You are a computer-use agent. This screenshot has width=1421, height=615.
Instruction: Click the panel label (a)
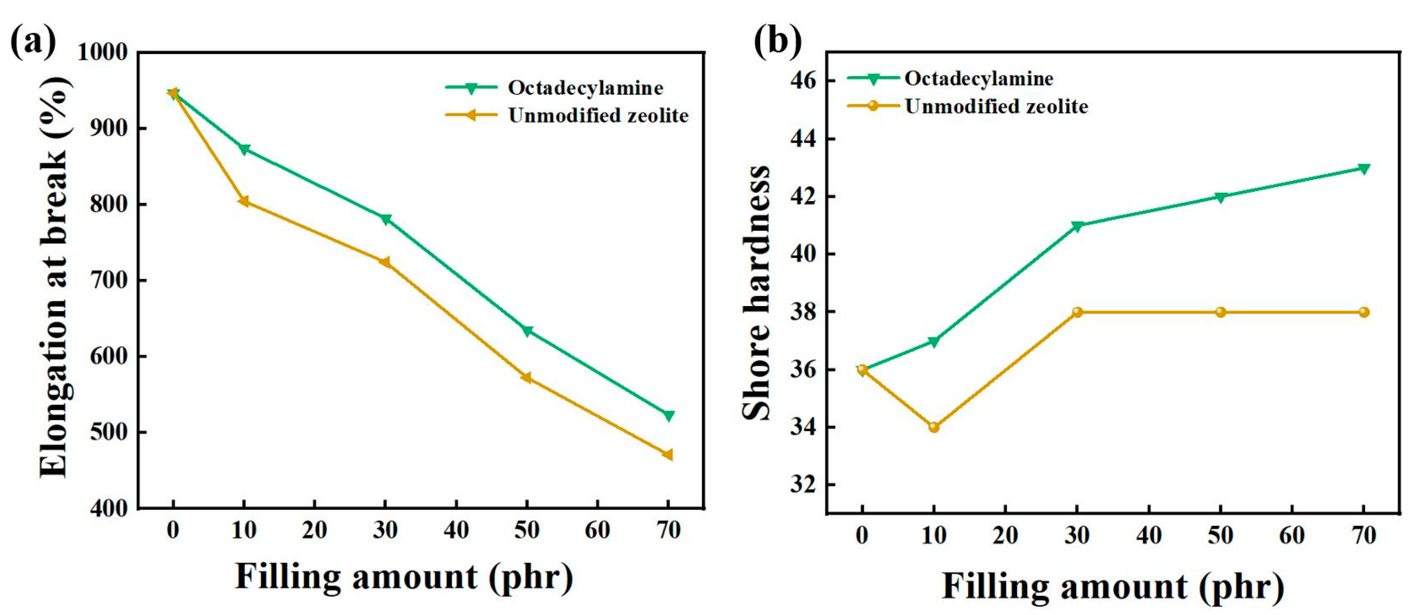[33, 41]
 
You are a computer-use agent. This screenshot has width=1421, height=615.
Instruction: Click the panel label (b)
[778, 41]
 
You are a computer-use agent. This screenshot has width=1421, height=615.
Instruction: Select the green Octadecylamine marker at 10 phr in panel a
[244, 150]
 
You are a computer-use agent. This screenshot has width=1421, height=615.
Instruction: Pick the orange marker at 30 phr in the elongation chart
[385, 262]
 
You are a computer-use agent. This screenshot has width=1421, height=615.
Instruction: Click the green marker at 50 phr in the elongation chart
[527, 331]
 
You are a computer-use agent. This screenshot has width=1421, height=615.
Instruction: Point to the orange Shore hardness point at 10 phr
[934, 427]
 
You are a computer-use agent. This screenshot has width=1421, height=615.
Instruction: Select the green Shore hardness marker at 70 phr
[1363, 169]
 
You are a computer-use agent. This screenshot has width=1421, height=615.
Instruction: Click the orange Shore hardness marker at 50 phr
[1220, 312]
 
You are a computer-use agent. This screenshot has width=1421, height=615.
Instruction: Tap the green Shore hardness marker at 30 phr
[1077, 226]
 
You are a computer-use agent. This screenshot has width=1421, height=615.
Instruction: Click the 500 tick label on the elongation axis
[109, 432]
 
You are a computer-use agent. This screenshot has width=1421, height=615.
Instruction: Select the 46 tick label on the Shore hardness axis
[803, 81]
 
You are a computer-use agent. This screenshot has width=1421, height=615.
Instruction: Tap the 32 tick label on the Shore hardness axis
[803, 484]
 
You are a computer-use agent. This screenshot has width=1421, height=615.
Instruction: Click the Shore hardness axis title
[756, 292]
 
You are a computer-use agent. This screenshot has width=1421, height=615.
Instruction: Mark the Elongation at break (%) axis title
[54, 276]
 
